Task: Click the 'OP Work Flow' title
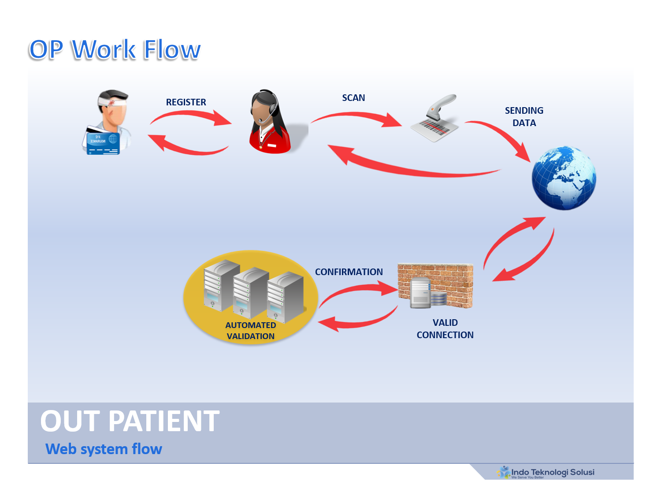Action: point(115,49)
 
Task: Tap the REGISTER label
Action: point(186,102)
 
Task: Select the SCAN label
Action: point(353,98)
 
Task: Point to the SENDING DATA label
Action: point(524,117)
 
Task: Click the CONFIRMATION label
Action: point(349,272)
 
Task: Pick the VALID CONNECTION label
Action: point(445,329)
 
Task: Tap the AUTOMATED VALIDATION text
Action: point(250,331)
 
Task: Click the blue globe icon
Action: point(564,178)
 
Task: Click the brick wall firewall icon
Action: point(435,285)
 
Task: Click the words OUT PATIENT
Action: point(130,421)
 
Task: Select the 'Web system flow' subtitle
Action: point(104,449)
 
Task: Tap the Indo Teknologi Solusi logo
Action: point(546,473)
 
